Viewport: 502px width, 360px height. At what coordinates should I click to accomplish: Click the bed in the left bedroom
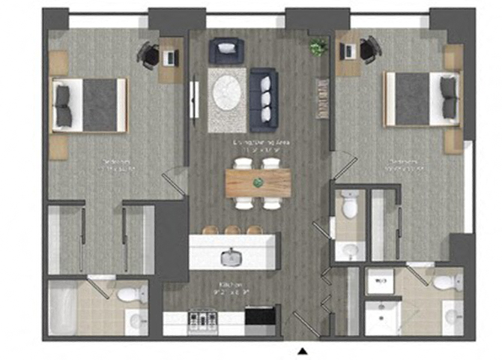point(89,103)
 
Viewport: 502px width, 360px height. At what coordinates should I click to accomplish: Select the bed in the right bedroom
point(421,98)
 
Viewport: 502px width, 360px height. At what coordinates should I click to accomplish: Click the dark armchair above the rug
point(226,51)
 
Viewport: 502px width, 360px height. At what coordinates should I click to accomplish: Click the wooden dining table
point(258,182)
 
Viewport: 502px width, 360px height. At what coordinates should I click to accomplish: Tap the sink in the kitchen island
point(232,257)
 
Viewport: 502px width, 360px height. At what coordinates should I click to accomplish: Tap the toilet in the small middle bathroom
point(349,204)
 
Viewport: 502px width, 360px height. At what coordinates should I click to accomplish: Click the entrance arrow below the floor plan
point(303,350)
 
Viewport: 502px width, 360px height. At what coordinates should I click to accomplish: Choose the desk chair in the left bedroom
point(148,54)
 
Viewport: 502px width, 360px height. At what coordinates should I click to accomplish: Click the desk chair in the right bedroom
point(369,49)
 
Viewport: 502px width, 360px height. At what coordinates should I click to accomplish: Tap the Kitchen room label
point(229,286)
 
